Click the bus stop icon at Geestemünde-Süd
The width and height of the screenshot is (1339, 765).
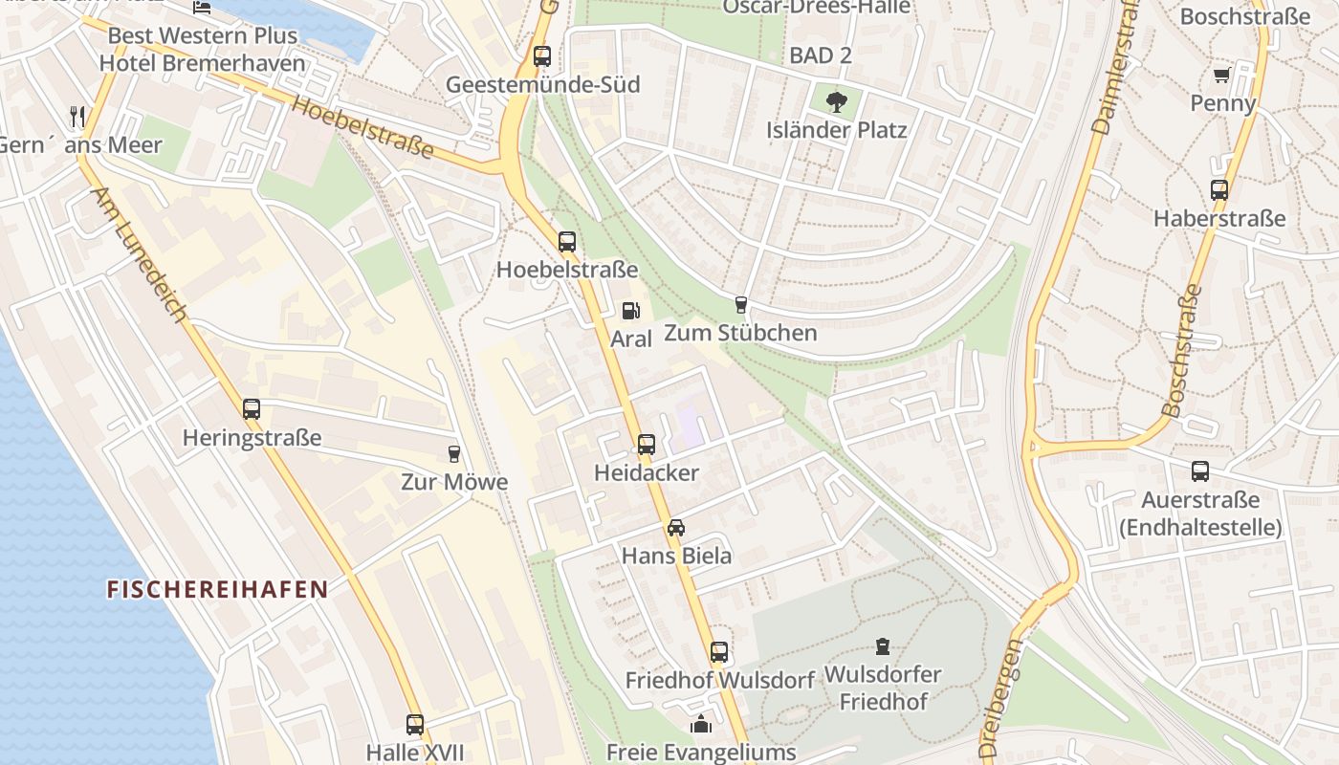542,56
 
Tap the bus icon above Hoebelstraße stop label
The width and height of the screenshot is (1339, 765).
567,242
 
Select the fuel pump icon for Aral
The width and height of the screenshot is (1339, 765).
630,310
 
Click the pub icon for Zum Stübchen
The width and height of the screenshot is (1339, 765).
740,305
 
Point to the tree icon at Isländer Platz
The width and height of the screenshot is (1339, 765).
836,101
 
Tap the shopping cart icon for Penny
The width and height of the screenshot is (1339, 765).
1221,75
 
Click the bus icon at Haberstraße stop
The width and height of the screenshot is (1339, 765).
1218,189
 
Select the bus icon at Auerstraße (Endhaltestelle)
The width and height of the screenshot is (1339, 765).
1200,470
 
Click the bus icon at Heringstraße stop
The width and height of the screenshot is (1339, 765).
252,409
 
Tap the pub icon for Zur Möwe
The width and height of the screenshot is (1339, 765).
454,453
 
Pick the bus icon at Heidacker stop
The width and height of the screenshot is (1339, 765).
647,445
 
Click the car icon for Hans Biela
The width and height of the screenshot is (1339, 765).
676,527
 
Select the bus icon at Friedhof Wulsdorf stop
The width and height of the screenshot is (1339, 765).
719,652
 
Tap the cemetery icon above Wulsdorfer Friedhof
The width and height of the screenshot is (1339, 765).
882,646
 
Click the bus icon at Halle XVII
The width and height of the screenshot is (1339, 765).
415,724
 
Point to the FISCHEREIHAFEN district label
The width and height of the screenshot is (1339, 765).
217,589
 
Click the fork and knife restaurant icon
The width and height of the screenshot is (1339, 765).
77,117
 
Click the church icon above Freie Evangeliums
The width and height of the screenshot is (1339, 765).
701,724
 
